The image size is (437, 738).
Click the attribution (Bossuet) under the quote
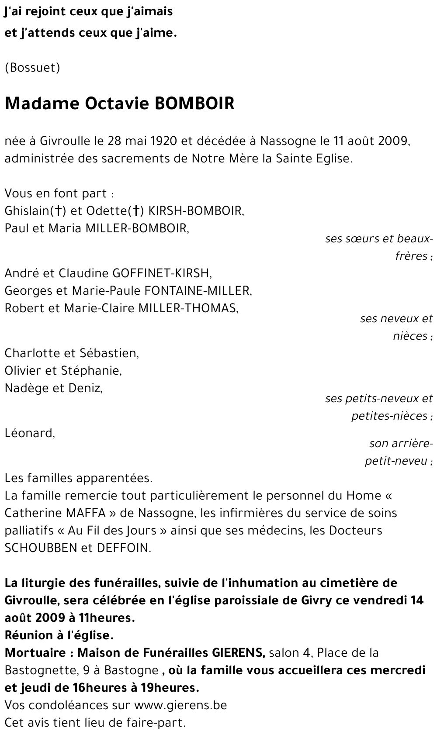coord(32,68)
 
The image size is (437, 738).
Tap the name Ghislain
coord(27,211)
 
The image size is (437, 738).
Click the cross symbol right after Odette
coord(137,211)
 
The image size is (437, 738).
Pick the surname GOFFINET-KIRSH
coord(162,273)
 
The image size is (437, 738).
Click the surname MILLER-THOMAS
coord(188,308)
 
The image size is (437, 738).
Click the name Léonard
coord(29,433)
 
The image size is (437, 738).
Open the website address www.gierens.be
coord(180,705)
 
